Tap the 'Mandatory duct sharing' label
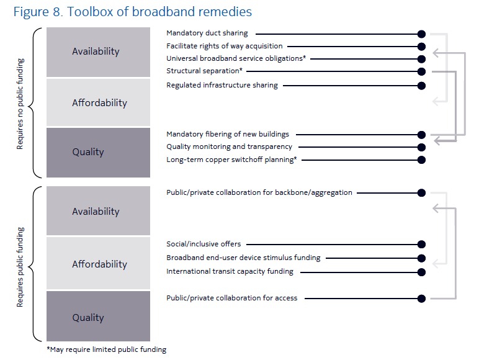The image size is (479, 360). tap(207, 33)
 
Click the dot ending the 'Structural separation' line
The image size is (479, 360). tap(421, 71)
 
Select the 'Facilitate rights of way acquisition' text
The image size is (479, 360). tap(225, 46)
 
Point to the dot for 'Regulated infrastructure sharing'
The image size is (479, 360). tap(421, 86)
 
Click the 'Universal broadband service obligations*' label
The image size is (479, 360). tap(236, 58)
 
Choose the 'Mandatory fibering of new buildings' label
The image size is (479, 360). tap(228, 134)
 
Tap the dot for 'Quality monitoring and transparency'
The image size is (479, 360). tap(421, 147)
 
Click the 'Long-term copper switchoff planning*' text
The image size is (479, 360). tap(231, 160)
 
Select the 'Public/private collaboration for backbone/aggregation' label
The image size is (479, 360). tap(259, 192)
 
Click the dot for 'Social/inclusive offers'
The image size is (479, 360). tap(421, 244)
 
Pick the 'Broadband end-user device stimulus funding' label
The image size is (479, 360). tap(243, 258)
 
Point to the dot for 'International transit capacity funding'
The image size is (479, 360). tap(421, 272)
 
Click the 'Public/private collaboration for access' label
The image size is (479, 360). tap(232, 298)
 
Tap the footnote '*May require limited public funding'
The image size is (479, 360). tap(107, 349)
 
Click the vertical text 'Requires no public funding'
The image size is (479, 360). tap(20, 104)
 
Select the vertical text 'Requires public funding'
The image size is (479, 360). tap(20, 267)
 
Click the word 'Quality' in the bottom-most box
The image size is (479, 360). tap(88, 318)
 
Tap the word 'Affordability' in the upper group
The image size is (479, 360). tap(100, 102)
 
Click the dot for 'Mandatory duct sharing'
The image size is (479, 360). tap(421, 34)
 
